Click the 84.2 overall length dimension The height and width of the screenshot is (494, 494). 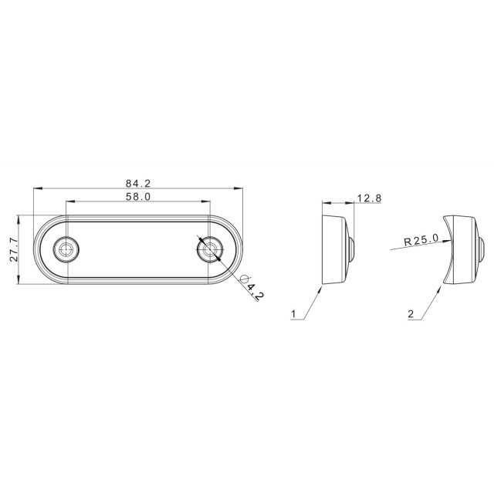click(x=138, y=183)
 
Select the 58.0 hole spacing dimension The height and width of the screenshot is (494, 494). click(x=138, y=197)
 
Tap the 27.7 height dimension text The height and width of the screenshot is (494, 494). click(x=14, y=250)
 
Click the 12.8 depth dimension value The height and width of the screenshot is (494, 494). click(x=369, y=198)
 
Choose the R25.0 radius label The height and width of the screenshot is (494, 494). click(x=421, y=240)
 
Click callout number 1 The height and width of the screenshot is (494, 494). click(x=293, y=314)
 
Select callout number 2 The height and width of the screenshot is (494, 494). click(x=411, y=314)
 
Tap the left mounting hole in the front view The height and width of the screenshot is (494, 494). click(x=66, y=249)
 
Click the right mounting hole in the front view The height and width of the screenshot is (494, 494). click(x=209, y=249)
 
